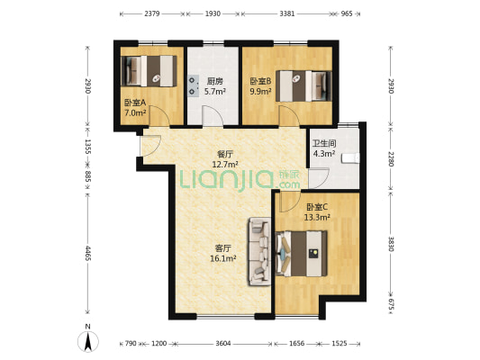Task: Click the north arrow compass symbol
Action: click(x=88, y=341)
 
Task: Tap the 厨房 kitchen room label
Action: click(x=214, y=81)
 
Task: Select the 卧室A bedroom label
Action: click(x=135, y=103)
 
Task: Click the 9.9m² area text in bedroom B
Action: click(x=260, y=92)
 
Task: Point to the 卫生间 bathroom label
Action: click(x=324, y=143)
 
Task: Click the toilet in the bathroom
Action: click(x=350, y=158)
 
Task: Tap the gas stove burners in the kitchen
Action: click(x=193, y=85)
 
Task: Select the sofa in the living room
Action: click(x=259, y=251)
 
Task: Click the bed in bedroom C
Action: click(x=301, y=254)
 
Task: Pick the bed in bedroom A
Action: click(x=149, y=71)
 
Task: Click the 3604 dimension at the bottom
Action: click(x=222, y=344)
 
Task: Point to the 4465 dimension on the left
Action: click(x=88, y=253)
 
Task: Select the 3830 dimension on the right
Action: click(x=391, y=244)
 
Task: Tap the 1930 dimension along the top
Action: click(x=213, y=13)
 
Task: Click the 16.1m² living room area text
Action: click(x=222, y=259)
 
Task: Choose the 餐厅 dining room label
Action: click(x=225, y=154)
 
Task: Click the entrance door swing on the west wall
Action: click(x=150, y=145)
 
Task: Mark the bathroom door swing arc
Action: click(x=319, y=178)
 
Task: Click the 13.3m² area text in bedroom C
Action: click(x=317, y=218)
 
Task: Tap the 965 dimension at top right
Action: click(x=347, y=13)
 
